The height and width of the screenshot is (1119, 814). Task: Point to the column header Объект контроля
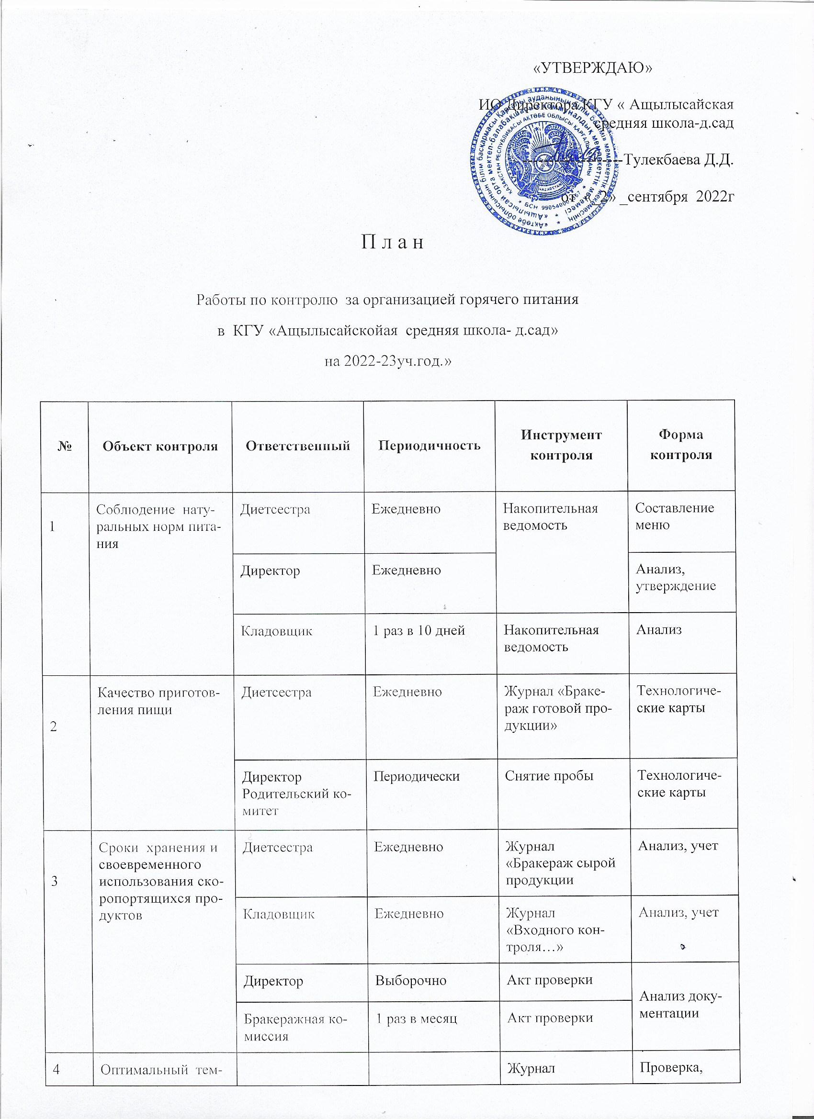(160, 447)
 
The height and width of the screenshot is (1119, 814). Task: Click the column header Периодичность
(429, 446)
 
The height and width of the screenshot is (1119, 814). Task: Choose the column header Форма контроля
(681, 446)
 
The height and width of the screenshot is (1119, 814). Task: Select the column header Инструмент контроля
(561, 446)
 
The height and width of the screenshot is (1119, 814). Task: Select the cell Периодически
(417, 776)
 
